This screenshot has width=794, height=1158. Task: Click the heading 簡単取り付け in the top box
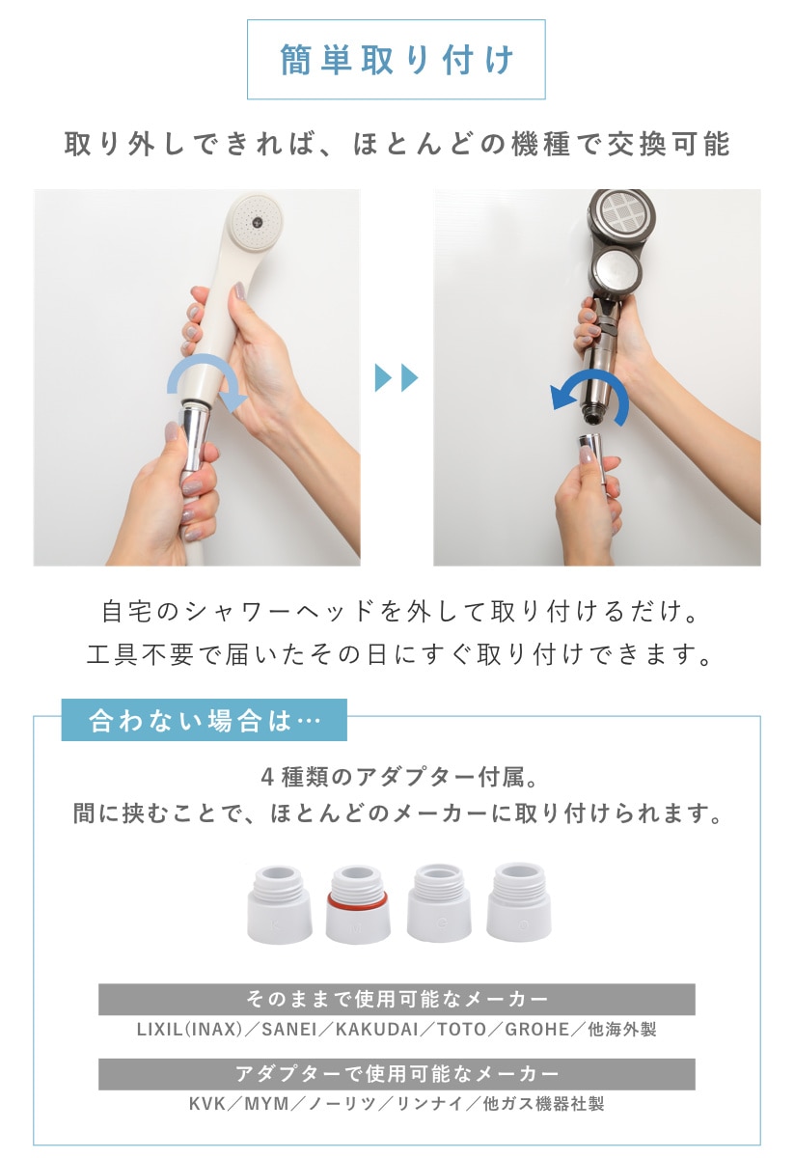coord(397,60)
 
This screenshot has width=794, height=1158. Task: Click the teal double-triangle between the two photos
coord(396,377)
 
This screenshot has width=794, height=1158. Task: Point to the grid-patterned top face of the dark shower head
coord(623,213)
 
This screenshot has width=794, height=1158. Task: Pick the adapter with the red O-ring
coord(358,905)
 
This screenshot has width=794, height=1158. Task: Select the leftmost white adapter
coord(279,905)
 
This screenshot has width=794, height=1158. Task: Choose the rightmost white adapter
coord(518,901)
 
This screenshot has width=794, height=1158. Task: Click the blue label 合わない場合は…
coord(205,720)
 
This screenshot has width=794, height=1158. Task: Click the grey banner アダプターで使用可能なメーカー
coord(397,1074)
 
